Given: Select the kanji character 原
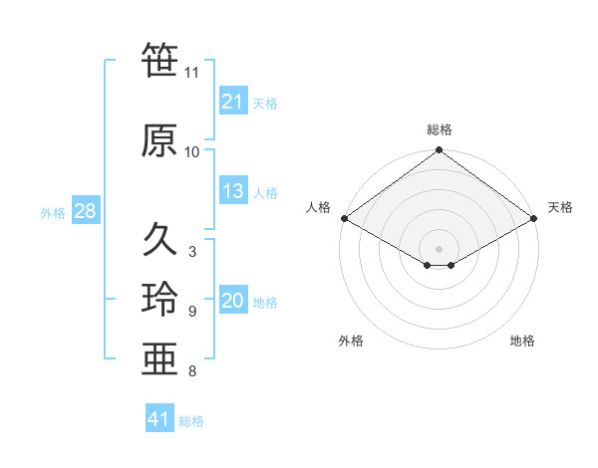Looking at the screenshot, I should [159, 140].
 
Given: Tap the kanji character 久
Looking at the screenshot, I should [159, 240].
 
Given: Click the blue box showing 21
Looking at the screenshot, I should [232, 102].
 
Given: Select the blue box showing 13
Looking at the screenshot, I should [232, 192].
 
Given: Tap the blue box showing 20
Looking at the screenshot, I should [232, 302].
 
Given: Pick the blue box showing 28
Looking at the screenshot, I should [85, 211].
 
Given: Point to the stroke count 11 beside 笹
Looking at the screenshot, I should [192, 73].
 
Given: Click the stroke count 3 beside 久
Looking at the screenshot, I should [192, 252].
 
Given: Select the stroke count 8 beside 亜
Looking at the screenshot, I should [192, 372].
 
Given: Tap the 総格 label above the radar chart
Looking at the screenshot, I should [440, 129].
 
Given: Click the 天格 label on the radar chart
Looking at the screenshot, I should [560, 207].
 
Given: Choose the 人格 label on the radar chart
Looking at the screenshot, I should [318, 207].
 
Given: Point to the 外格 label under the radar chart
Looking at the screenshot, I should [351, 342].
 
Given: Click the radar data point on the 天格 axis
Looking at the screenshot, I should [534, 218].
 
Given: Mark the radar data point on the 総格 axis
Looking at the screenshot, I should [439, 151].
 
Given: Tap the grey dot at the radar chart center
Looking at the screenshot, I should [439, 247].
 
